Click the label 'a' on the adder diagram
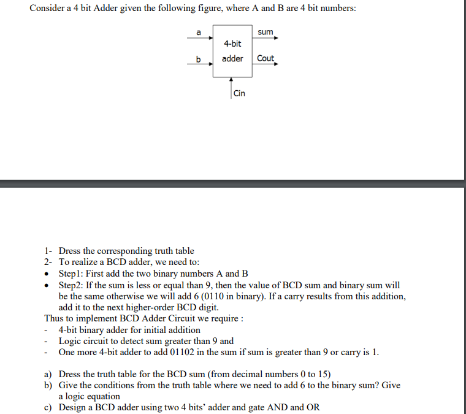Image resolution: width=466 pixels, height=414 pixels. pos(198,31)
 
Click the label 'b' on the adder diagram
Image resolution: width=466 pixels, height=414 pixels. pos(198,59)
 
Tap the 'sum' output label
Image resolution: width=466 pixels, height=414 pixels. pos(265,31)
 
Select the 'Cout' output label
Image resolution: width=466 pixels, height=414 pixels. pos(265,58)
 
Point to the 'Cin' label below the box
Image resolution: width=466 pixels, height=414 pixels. pos(239,93)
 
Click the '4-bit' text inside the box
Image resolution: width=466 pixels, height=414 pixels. pos(232,44)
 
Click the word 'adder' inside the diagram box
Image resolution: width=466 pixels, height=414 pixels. pos(232,58)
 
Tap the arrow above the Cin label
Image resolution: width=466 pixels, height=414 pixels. pos(231,80)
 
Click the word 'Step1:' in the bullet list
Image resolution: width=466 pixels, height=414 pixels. pos(73,274)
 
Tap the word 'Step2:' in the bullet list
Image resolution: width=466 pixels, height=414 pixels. pos(73,285)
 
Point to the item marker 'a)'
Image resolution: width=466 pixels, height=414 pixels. pos(48,374)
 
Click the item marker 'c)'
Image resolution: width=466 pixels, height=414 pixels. pos(48,407)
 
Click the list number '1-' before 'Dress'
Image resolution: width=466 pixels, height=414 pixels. pos(49,251)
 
